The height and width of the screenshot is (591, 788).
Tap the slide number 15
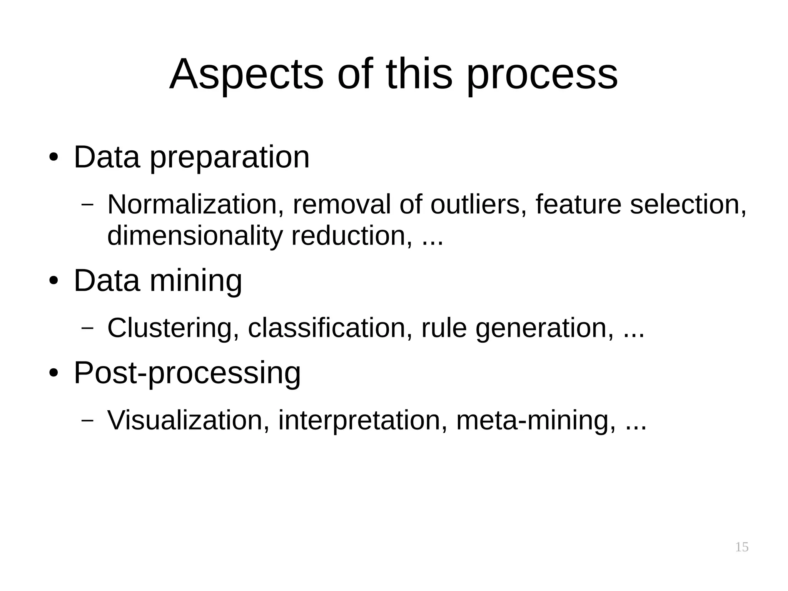point(741,547)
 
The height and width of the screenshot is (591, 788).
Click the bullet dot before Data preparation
point(53,158)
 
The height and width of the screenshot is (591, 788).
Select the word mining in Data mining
point(196,281)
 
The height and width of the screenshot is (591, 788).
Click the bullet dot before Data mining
point(53,281)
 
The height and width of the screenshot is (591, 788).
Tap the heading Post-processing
point(187,373)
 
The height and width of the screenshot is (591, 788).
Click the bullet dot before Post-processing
point(53,373)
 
